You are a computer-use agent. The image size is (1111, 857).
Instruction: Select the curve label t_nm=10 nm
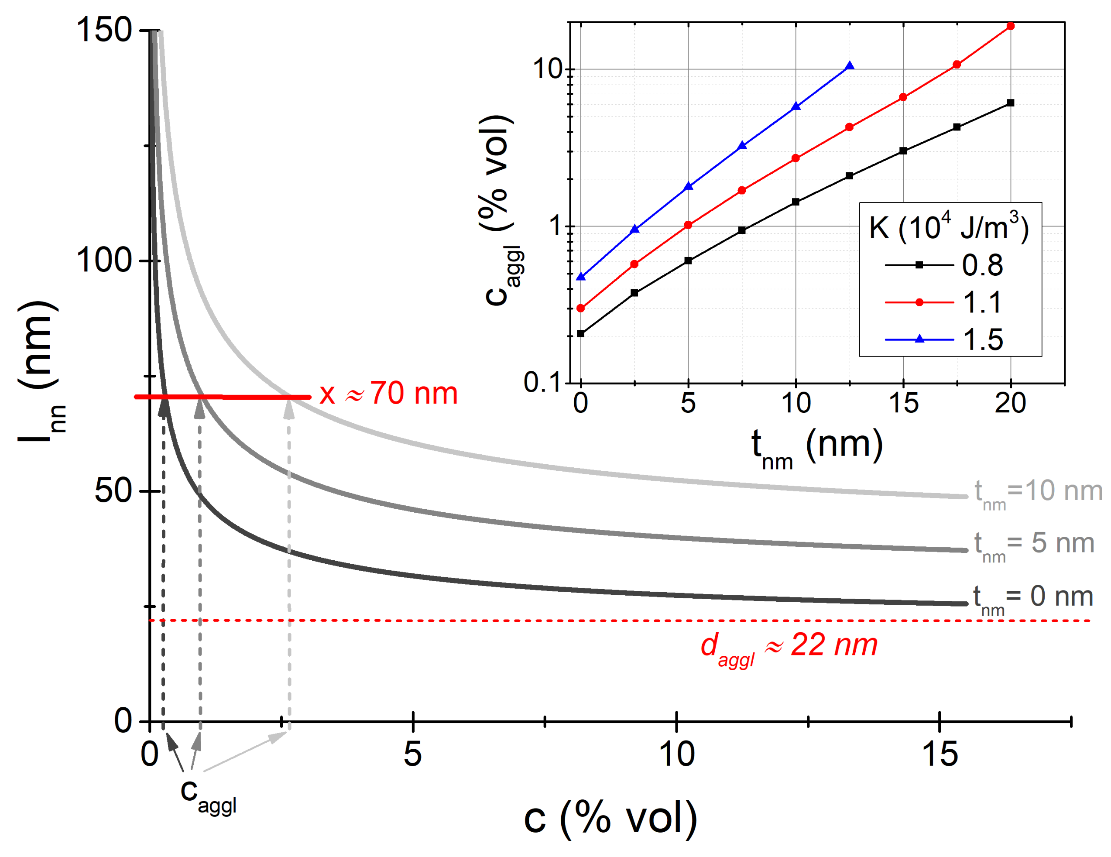click(1037, 492)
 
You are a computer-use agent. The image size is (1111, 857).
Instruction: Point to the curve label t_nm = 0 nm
click(1032, 598)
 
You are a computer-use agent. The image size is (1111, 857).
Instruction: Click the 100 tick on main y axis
click(104, 261)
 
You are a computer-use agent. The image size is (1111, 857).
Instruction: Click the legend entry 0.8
click(982, 265)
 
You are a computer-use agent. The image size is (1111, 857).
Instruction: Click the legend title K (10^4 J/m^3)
click(949, 227)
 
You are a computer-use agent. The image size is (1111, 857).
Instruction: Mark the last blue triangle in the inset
click(850, 65)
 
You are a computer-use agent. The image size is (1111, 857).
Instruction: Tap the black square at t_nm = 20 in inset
click(1010, 103)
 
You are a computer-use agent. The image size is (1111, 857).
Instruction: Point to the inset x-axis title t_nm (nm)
click(817, 446)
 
